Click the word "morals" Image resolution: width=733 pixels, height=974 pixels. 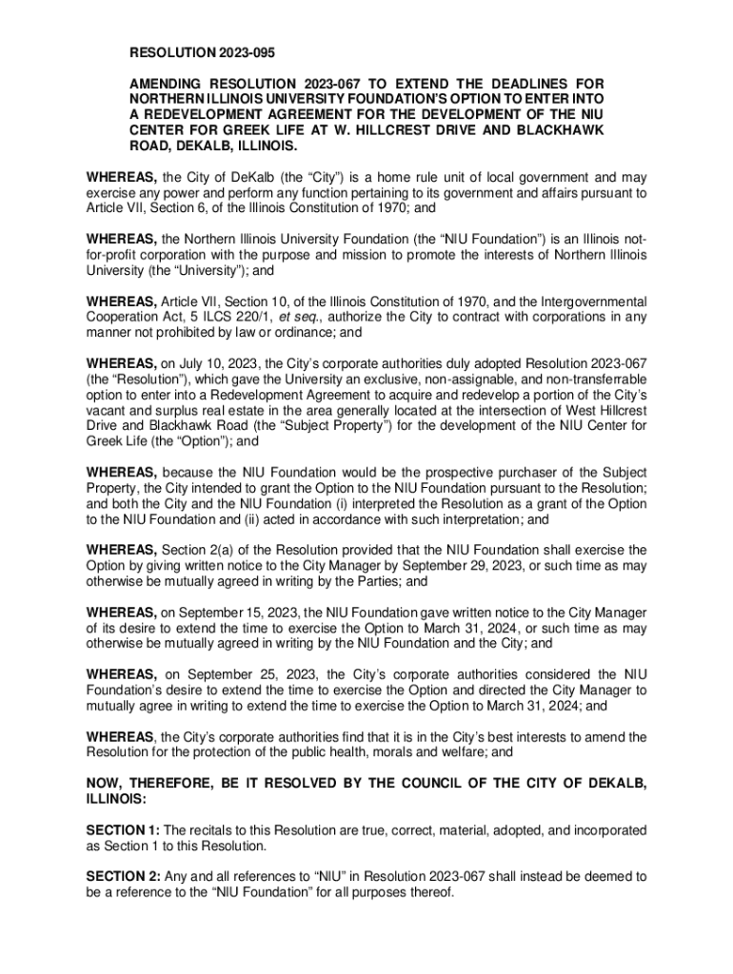point(391,751)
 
